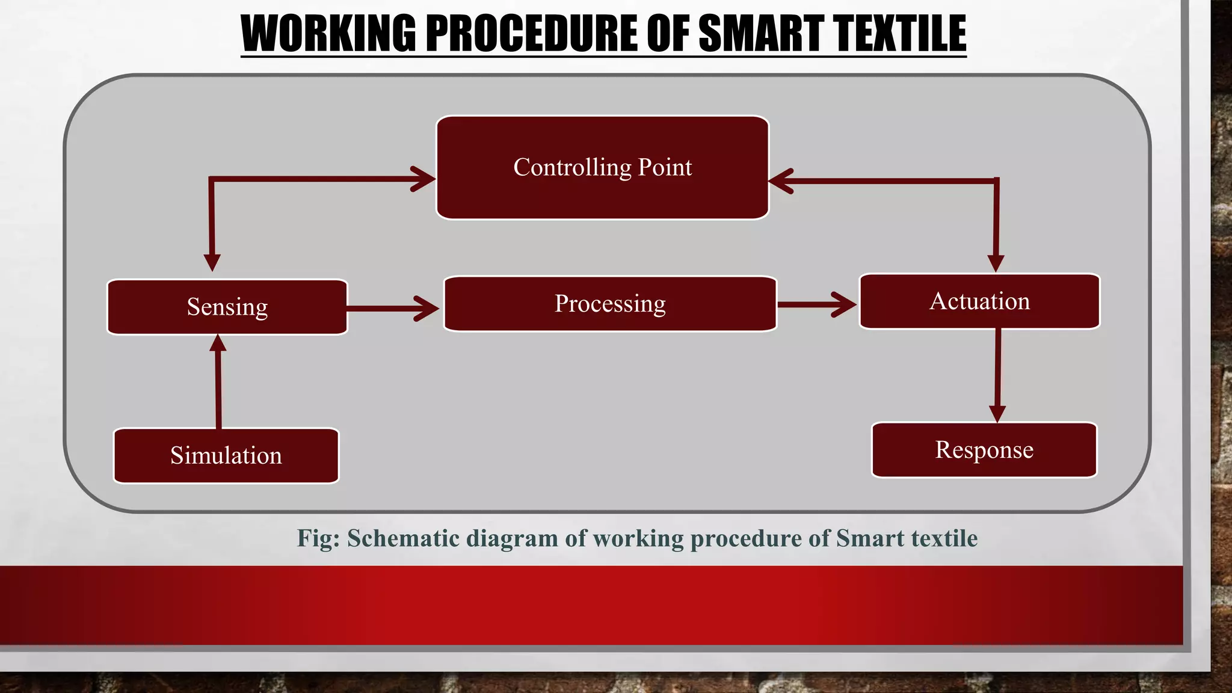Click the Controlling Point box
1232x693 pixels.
(602, 168)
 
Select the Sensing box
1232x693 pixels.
(227, 307)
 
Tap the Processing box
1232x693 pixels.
(610, 304)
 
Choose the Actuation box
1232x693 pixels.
(979, 301)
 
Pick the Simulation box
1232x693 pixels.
(226, 455)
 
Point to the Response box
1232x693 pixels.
(984, 450)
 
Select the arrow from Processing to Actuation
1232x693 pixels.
(816, 305)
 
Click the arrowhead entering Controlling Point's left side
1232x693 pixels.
(425, 179)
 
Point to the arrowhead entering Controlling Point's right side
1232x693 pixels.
(780, 180)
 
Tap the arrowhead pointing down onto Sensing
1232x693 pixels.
(212, 262)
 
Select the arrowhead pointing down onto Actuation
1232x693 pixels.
(996, 263)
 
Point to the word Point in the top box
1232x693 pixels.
(665, 167)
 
